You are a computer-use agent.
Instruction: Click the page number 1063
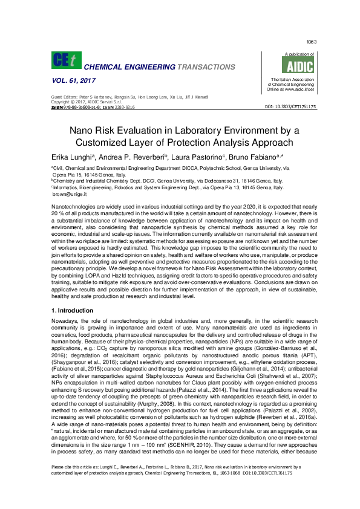(312, 42)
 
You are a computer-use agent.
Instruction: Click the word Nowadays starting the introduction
(65, 322)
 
